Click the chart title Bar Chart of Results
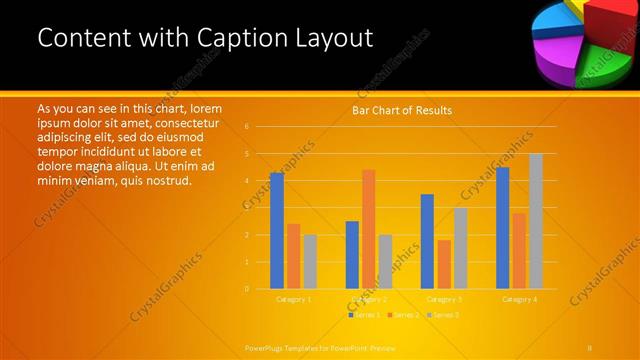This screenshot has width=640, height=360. point(401,110)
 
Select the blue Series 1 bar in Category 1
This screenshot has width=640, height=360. point(277,231)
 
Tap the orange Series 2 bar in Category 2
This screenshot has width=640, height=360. point(368,229)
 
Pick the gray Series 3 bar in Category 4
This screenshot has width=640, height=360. point(536,221)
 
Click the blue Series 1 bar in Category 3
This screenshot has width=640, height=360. point(427,241)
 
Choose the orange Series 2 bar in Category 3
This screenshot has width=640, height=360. point(444,264)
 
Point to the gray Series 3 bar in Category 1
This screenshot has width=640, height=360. point(310,262)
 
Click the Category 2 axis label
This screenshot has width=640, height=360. point(369,299)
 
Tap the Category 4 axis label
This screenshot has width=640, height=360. point(519,299)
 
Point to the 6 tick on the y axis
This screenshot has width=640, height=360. point(246,127)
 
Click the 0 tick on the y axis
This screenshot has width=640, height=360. point(246,289)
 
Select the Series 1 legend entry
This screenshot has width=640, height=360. point(364,315)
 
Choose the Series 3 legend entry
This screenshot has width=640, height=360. point(443,315)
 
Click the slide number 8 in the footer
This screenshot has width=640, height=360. point(590,347)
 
